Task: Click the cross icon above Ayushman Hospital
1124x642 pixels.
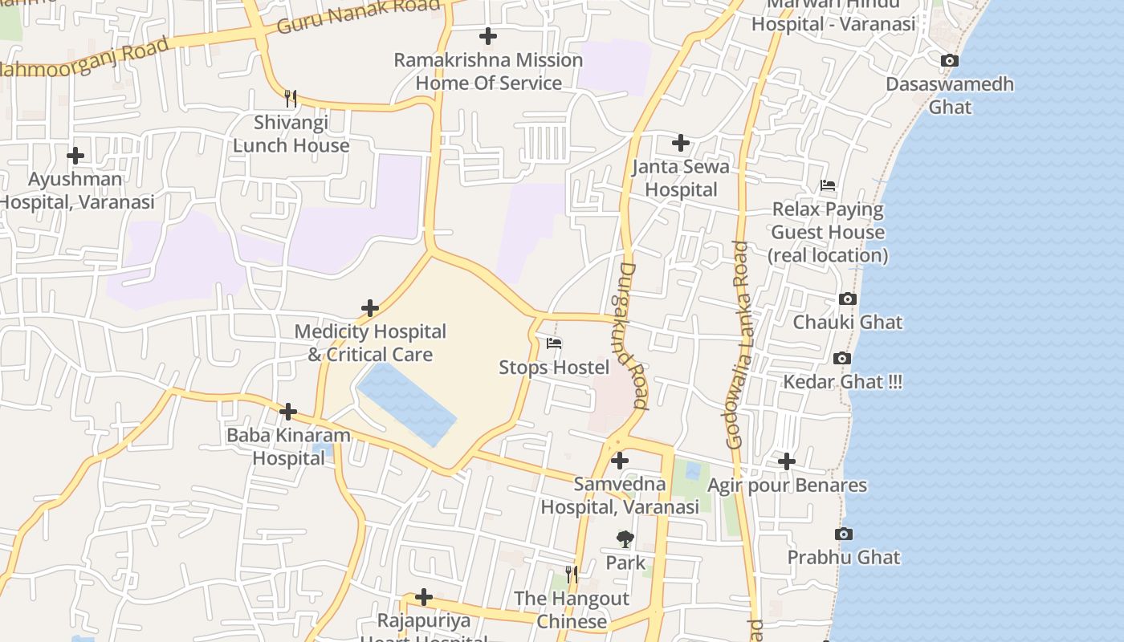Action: [75, 155]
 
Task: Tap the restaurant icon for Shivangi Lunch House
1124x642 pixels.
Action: [291, 99]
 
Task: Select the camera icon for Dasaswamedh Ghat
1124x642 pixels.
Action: [950, 60]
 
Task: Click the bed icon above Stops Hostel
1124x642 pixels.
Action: [554, 343]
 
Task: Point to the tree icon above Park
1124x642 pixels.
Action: [625, 539]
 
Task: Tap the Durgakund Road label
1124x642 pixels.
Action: [633, 336]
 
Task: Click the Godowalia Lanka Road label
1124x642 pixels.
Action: [738, 344]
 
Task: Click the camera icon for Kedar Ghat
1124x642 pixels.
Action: [841, 358]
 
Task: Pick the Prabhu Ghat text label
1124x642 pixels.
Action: [843, 557]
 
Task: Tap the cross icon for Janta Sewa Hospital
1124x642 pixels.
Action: [681, 143]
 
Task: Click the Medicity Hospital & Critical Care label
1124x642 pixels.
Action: [370, 343]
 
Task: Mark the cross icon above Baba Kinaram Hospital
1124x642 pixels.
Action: [288, 412]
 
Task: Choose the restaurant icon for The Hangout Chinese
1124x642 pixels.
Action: [572, 574]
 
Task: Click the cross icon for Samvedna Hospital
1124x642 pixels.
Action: [620, 461]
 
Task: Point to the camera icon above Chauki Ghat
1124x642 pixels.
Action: [847, 299]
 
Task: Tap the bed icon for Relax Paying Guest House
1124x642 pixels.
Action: [828, 185]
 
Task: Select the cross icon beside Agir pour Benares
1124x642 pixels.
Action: [787, 461]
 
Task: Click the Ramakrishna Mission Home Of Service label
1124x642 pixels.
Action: [488, 71]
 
